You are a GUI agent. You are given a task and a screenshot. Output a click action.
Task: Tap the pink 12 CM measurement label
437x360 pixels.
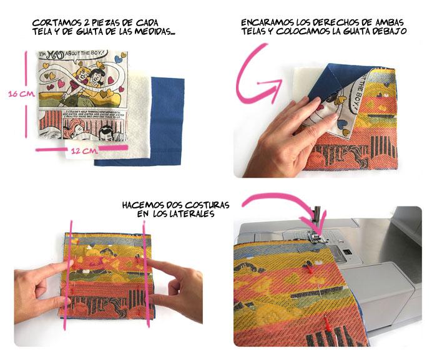(83, 150)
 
